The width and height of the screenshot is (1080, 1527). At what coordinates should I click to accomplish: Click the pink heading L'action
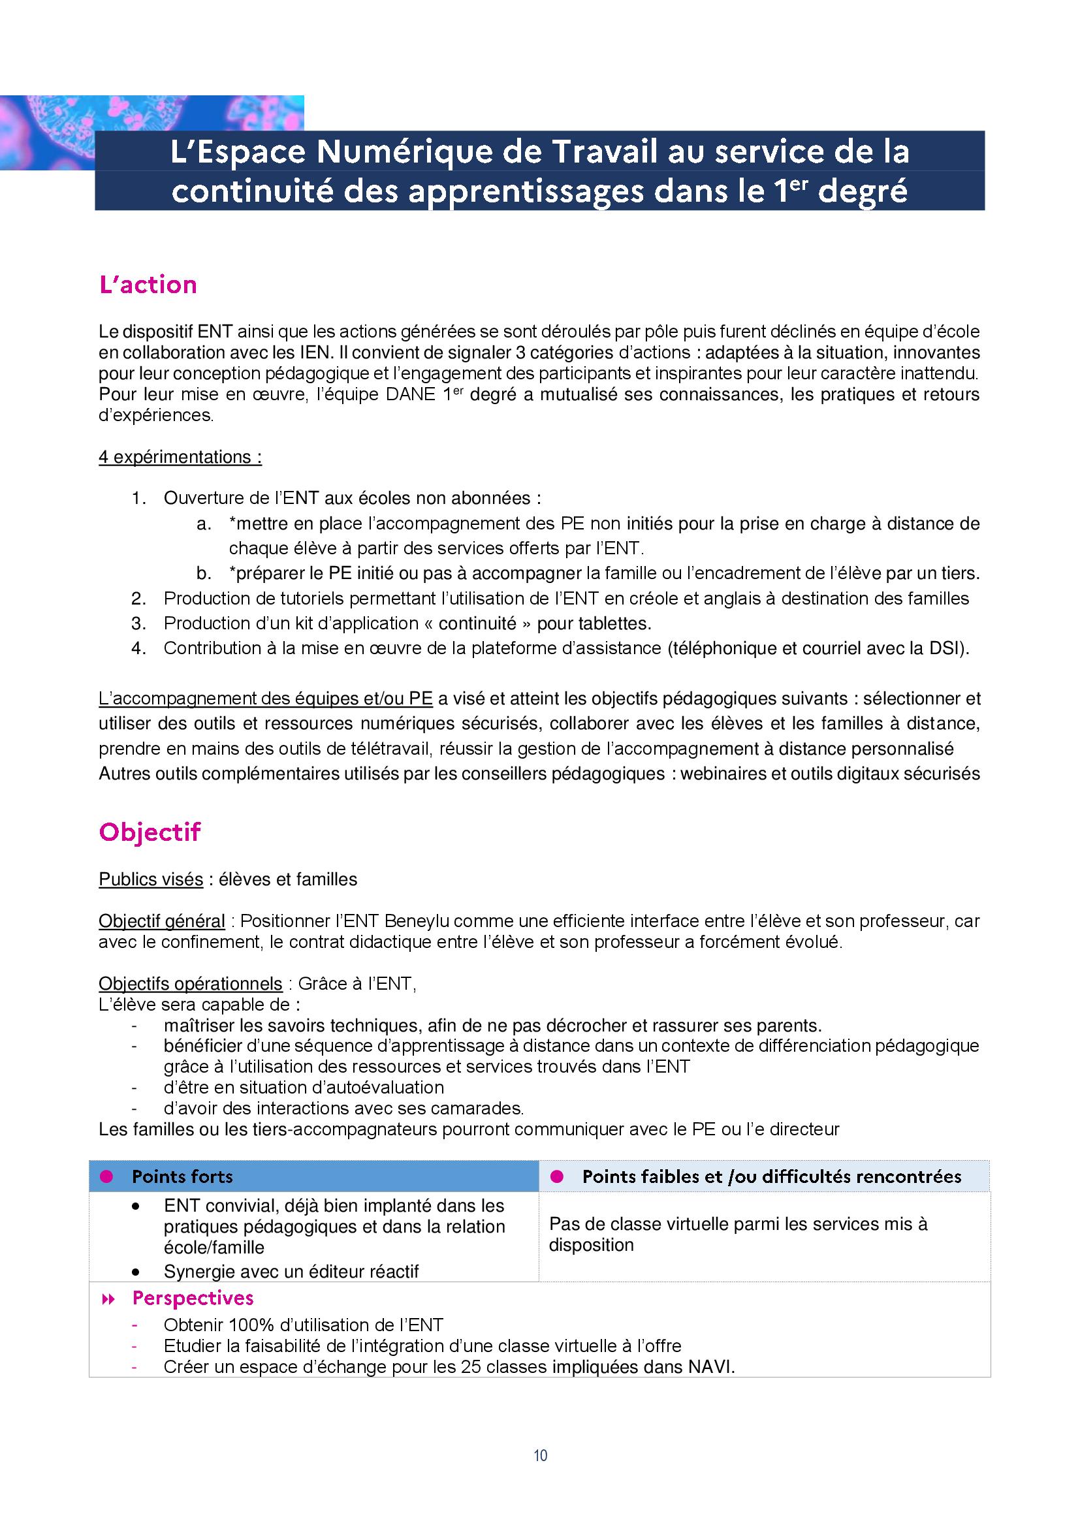pyautogui.click(x=148, y=285)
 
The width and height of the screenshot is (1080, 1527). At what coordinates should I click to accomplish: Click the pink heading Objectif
pyautogui.click(x=150, y=832)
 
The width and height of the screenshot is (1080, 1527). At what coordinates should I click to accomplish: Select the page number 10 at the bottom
pyautogui.click(x=540, y=1455)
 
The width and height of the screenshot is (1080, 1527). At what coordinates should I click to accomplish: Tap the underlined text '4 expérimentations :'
pyautogui.click(x=180, y=457)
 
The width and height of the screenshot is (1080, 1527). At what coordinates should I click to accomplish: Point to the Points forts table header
pyautogui.click(x=182, y=1176)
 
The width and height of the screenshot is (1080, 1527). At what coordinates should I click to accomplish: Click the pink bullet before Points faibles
pyautogui.click(x=557, y=1176)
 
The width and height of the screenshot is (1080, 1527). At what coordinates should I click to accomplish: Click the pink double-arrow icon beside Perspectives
pyautogui.click(x=108, y=1299)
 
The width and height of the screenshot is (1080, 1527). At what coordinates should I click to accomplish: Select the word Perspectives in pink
pyautogui.click(x=193, y=1299)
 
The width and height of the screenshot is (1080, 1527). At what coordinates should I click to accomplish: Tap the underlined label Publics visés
pyautogui.click(x=151, y=879)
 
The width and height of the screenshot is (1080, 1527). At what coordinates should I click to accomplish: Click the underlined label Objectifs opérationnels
pyautogui.click(x=190, y=984)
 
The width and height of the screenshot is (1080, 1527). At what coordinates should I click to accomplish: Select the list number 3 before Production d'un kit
pyautogui.click(x=138, y=623)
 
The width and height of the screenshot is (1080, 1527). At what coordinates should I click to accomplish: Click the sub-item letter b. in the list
pyautogui.click(x=204, y=573)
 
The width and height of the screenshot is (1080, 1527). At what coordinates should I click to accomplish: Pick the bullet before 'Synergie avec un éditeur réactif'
pyautogui.click(x=136, y=1272)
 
